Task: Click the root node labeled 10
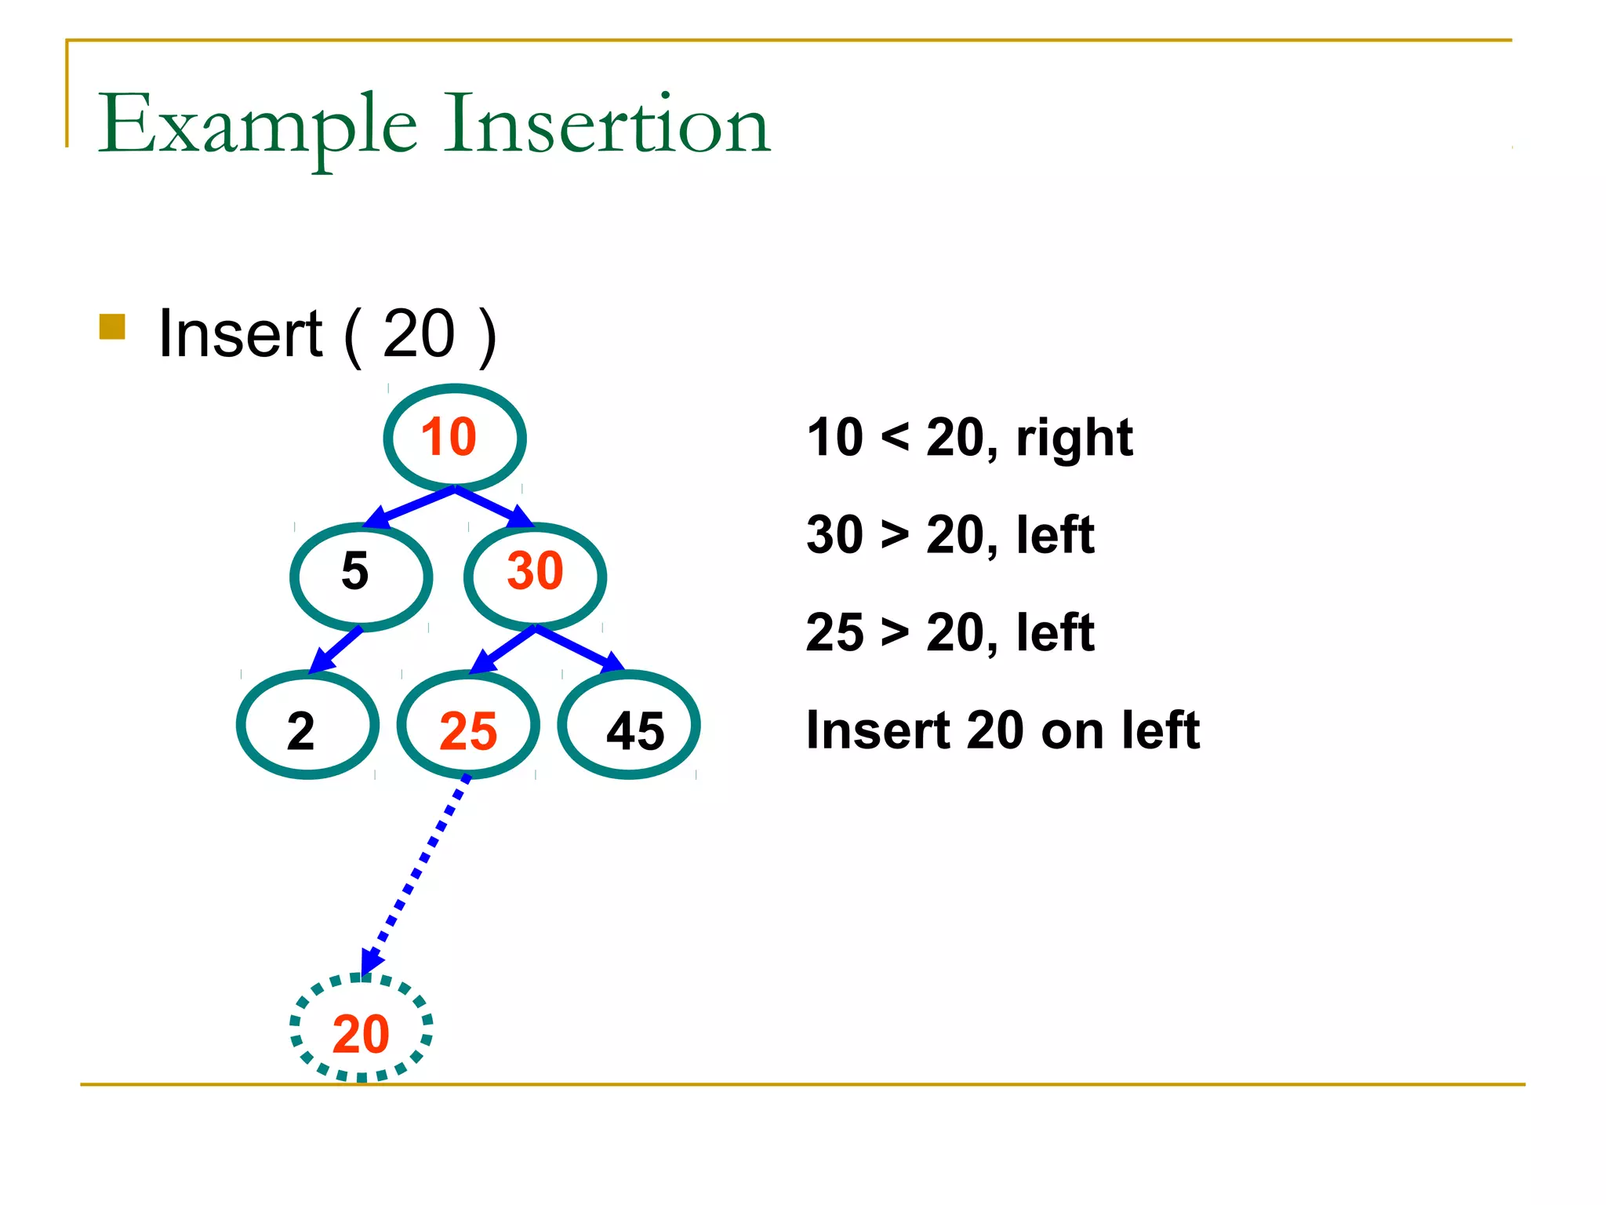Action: click(x=454, y=438)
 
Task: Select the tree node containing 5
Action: click(x=361, y=577)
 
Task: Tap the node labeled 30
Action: click(x=535, y=577)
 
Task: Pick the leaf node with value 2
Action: click(x=307, y=725)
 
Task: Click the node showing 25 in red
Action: click(x=468, y=725)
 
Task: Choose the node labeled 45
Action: click(x=629, y=725)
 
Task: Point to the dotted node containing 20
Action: click(x=361, y=1028)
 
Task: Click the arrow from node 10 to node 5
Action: click(x=409, y=508)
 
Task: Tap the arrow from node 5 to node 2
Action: click(x=336, y=650)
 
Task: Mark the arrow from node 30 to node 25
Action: click(x=502, y=650)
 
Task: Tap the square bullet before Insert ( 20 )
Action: click(x=112, y=327)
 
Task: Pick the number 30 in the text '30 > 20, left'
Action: click(x=834, y=535)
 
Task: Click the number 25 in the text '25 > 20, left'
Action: click(x=834, y=632)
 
